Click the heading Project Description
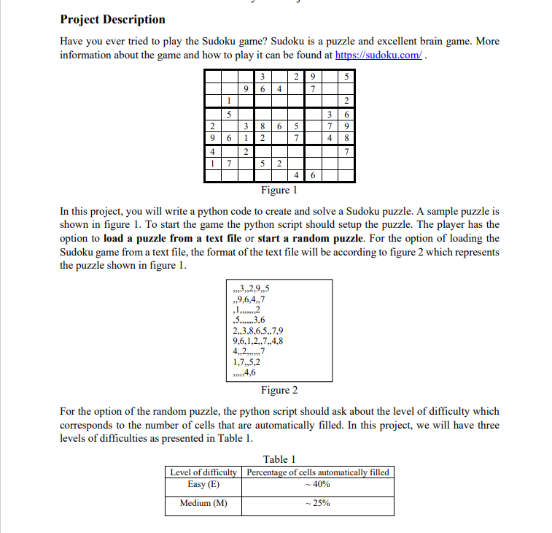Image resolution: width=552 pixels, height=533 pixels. pos(112,19)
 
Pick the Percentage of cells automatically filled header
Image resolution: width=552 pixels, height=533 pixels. pos(318,472)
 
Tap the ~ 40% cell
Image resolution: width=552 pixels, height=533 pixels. pos(318,484)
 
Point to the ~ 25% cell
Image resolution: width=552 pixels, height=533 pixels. pos(318,503)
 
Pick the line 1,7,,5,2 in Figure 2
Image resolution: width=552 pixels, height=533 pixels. pos(246,361)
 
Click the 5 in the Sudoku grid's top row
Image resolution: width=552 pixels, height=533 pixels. pos(346,75)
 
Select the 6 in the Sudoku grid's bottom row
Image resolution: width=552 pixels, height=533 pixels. pos(312,176)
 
